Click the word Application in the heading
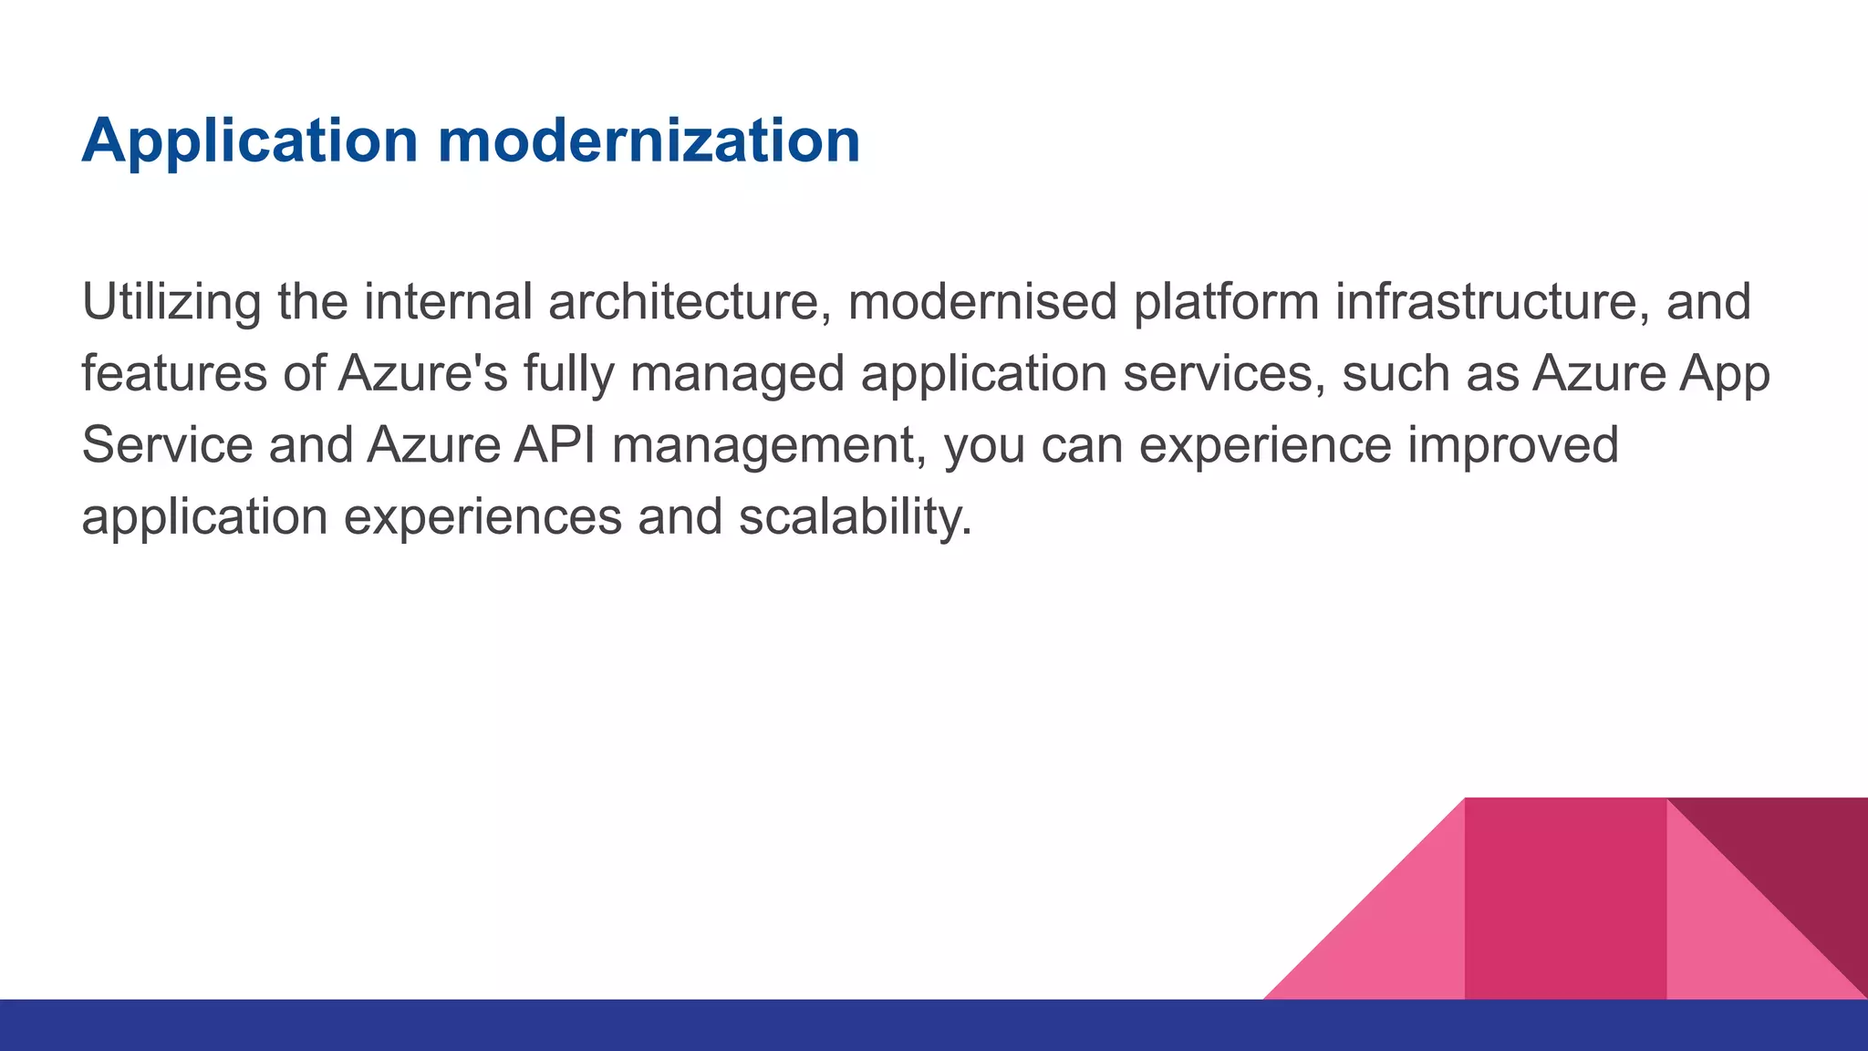click(249, 141)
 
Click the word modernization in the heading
click(649, 141)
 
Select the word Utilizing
click(171, 303)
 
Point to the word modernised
click(981, 303)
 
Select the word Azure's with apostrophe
click(422, 374)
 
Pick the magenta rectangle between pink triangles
click(1565, 899)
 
